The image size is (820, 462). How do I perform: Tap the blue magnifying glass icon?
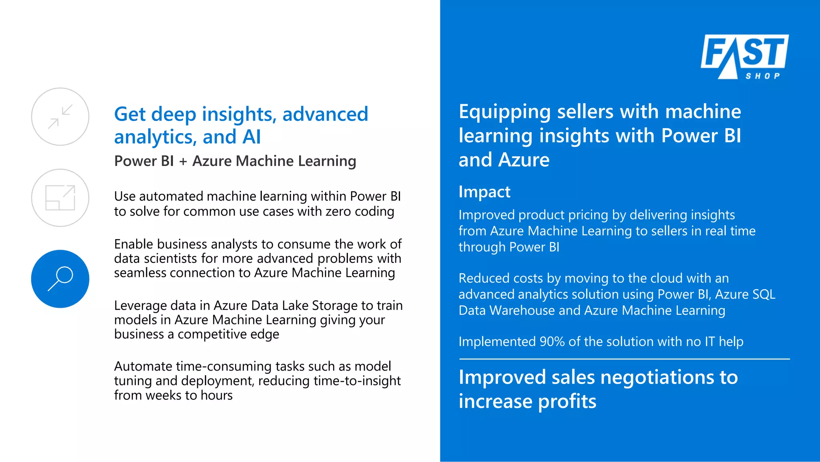(60, 279)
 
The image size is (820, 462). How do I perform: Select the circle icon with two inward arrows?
(60, 117)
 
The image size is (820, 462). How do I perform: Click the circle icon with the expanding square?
(60, 198)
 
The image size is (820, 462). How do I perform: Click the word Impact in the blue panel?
(484, 192)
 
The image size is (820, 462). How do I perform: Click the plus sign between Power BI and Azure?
(183, 161)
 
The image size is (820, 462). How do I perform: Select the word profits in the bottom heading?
(567, 401)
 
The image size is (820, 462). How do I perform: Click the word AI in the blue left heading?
(251, 137)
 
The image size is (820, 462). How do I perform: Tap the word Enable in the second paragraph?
(134, 244)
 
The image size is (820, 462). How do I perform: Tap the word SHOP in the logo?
(762, 76)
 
